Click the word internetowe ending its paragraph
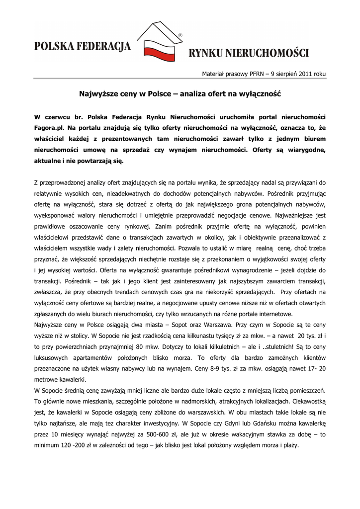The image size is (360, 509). (x=273, y=314)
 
